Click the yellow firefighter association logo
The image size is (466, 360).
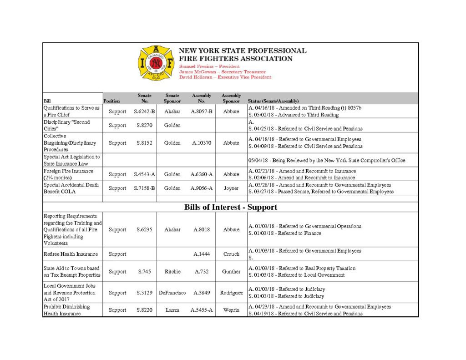[156, 63]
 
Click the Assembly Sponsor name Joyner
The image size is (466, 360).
[231, 188]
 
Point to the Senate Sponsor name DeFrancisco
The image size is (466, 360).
[172, 293]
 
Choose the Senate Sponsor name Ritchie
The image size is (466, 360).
[172, 272]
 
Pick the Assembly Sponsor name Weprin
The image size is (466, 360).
[231, 310]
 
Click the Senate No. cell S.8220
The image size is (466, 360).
[144, 310]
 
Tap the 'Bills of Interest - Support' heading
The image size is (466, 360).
[231, 207]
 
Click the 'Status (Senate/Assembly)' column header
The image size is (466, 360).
[273, 101]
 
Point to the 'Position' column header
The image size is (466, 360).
[111, 101]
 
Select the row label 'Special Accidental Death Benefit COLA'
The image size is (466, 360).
[71, 188]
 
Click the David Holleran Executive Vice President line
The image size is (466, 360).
[225, 77]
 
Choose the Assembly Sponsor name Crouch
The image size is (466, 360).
[231, 254]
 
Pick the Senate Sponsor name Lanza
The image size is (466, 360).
[172, 310]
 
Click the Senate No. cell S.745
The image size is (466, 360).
[144, 272]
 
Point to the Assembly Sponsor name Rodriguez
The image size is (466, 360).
[231, 293]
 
